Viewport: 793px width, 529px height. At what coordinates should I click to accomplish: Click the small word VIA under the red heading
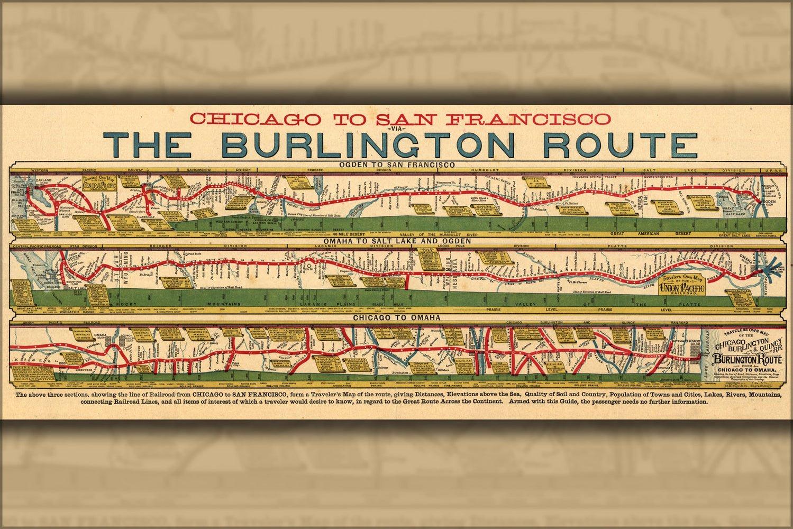click(396, 129)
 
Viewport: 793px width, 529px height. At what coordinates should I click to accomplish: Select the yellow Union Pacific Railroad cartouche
click(681, 286)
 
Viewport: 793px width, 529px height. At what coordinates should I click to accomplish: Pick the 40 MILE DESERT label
click(349, 233)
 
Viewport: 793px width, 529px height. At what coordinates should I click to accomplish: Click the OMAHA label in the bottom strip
click(100, 335)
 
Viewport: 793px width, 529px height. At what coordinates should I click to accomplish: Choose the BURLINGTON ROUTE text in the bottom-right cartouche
click(747, 360)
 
